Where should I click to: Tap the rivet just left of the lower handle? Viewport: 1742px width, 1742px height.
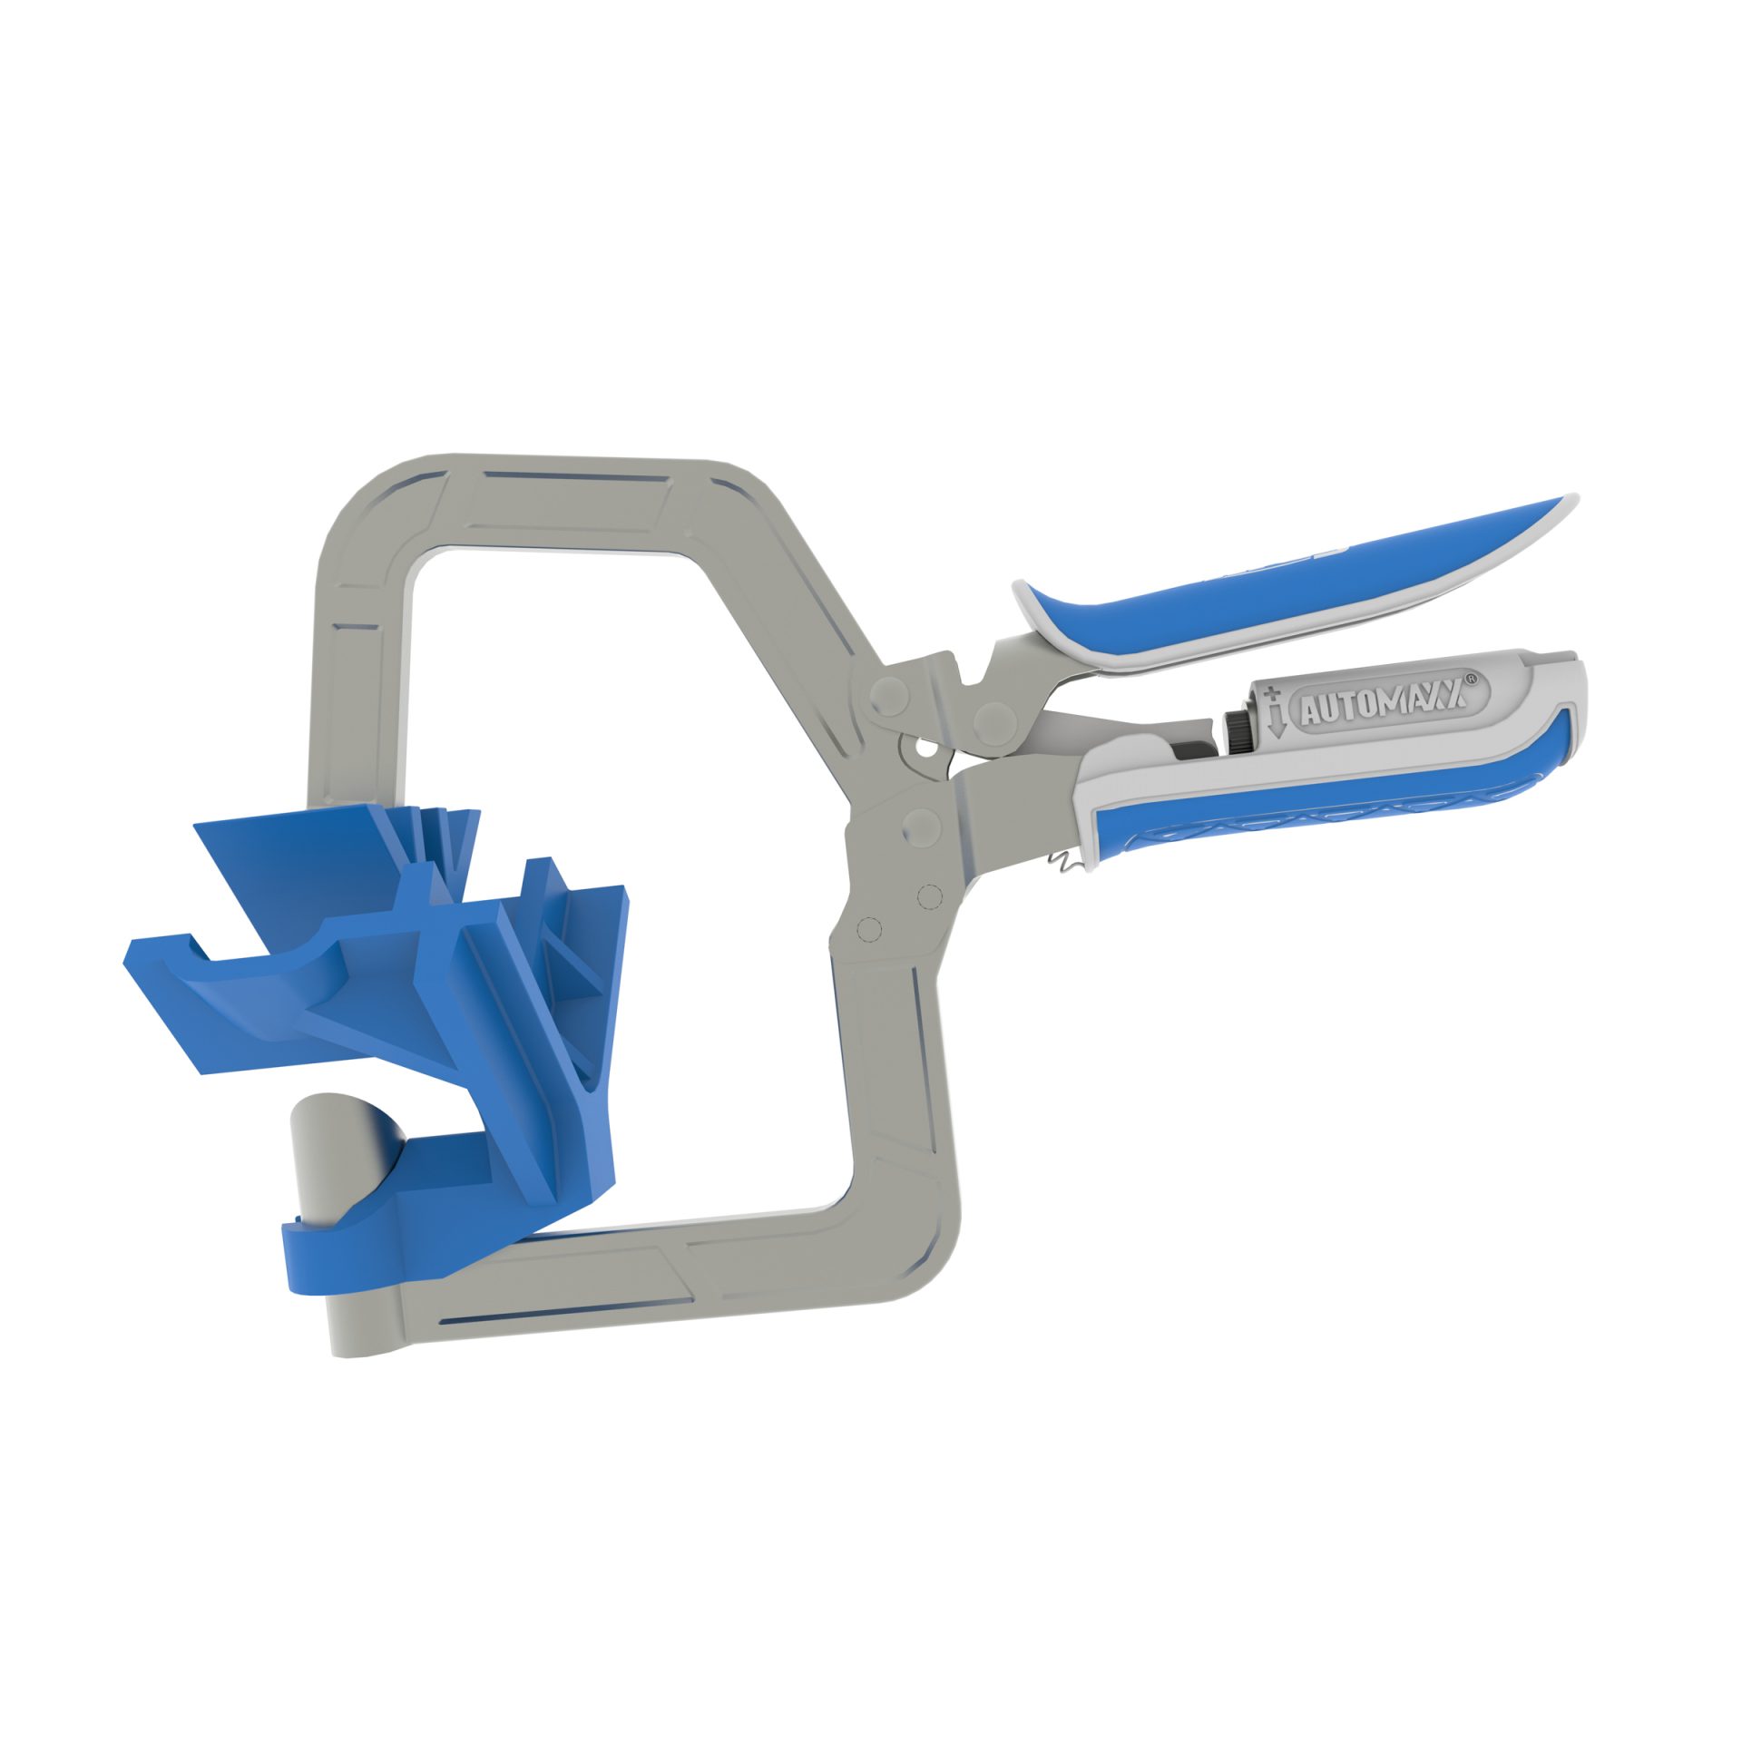[920, 825]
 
